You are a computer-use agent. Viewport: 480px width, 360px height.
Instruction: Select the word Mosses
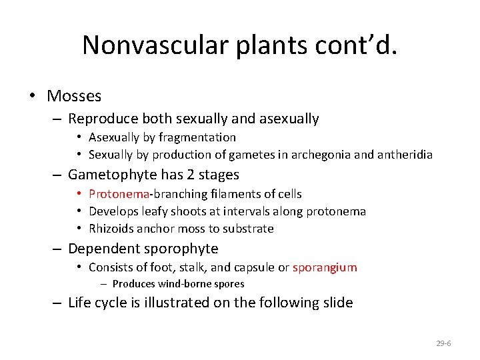click(x=74, y=96)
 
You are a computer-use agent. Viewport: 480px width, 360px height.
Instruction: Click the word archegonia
click(x=328, y=155)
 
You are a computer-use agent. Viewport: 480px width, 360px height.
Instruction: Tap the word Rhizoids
click(x=111, y=229)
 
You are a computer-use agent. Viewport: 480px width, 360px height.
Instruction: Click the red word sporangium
click(x=325, y=267)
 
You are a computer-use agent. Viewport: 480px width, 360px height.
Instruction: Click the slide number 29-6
click(x=443, y=343)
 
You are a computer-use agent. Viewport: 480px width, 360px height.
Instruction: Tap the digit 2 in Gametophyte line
click(x=183, y=175)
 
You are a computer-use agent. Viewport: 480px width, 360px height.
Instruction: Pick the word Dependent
click(x=99, y=249)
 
